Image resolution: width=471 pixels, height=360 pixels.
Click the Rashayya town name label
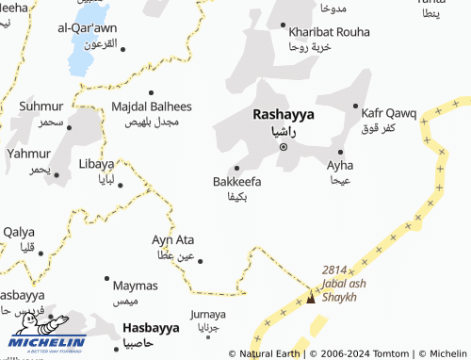click(x=284, y=114)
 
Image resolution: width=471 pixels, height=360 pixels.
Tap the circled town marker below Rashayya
click(x=284, y=146)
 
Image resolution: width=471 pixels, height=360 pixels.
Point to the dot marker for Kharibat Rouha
click(x=283, y=25)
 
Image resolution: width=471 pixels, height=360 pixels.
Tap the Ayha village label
click(x=340, y=165)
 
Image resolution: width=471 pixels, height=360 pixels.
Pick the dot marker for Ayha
click(x=341, y=151)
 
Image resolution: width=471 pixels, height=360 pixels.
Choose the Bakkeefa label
click(x=237, y=181)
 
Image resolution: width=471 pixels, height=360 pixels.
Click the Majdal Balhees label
click(x=152, y=106)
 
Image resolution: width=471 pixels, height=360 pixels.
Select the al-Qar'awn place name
click(x=87, y=28)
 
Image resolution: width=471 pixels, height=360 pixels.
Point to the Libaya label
click(x=96, y=163)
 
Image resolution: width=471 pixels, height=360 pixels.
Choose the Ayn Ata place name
click(x=173, y=239)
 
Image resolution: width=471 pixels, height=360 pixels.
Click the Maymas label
click(x=136, y=285)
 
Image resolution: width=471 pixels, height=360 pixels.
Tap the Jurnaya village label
click(x=207, y=314)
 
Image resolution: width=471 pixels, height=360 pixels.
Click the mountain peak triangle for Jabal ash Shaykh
click(x=311, y=299)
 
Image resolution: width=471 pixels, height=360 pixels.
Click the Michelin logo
click(x=47, y=332)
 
